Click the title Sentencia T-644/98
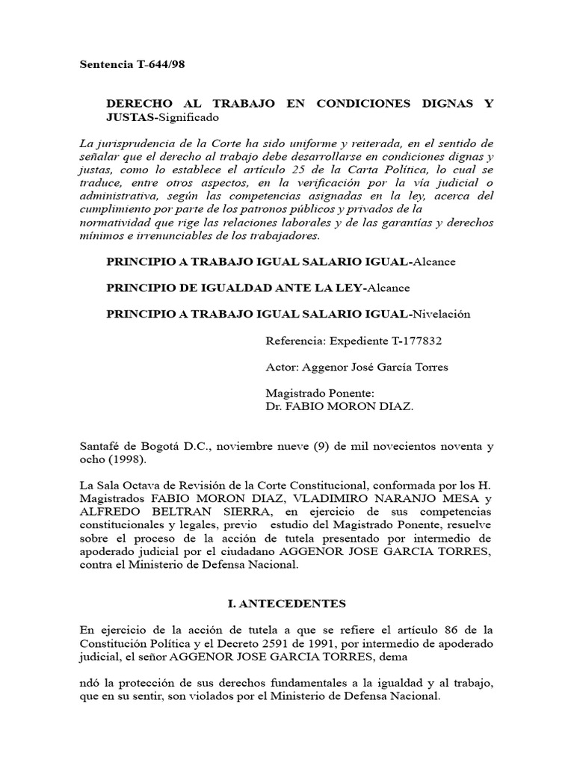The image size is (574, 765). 132,64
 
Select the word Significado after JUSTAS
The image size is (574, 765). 187,118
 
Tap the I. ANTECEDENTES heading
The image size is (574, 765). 286,602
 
